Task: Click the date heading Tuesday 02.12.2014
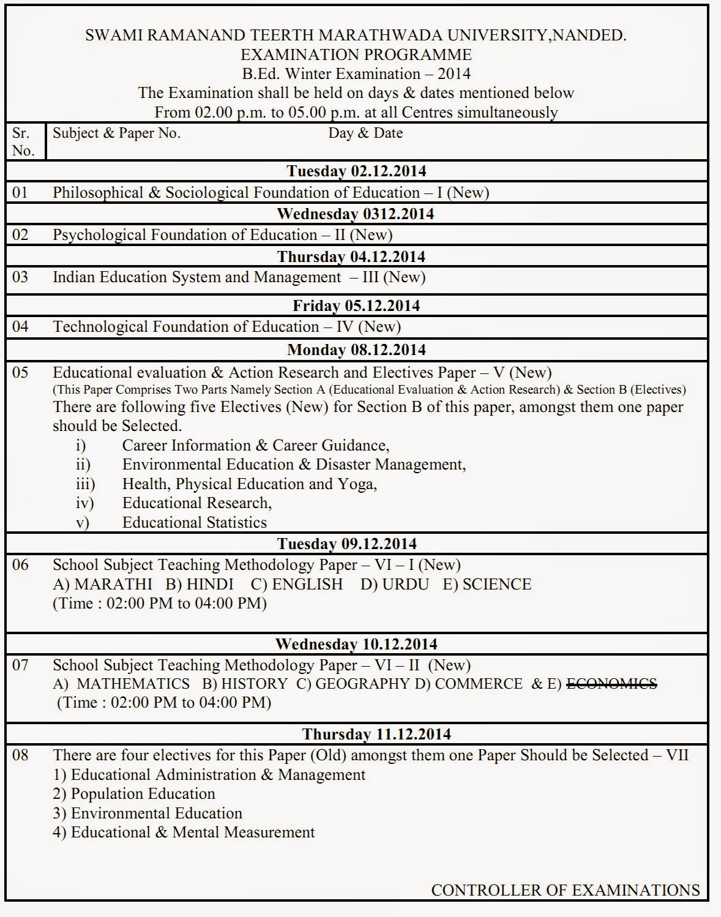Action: tap(357, 171)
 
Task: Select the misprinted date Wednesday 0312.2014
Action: tap(356, 214)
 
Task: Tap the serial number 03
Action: tap(20, 277)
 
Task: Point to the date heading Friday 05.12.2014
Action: tap(357, 305)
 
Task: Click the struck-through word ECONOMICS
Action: tap(611, 684)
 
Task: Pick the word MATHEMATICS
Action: tap(133, 684)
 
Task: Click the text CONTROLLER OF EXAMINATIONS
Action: tap(565, 890)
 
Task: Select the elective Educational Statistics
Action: tap(194, 522)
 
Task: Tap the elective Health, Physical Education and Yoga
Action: tap(249, 484)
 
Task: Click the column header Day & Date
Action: tap(365, 133)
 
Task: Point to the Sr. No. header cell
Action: tap(23, 141)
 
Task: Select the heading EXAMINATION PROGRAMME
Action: tap(356, 54)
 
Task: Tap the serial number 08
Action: tap(20, 755)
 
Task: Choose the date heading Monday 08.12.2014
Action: tap(357, 350)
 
